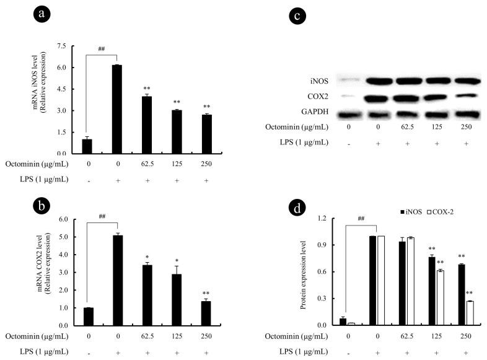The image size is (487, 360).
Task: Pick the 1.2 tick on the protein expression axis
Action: pos(328,219)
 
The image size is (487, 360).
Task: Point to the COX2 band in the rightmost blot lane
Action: pos(468,97)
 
